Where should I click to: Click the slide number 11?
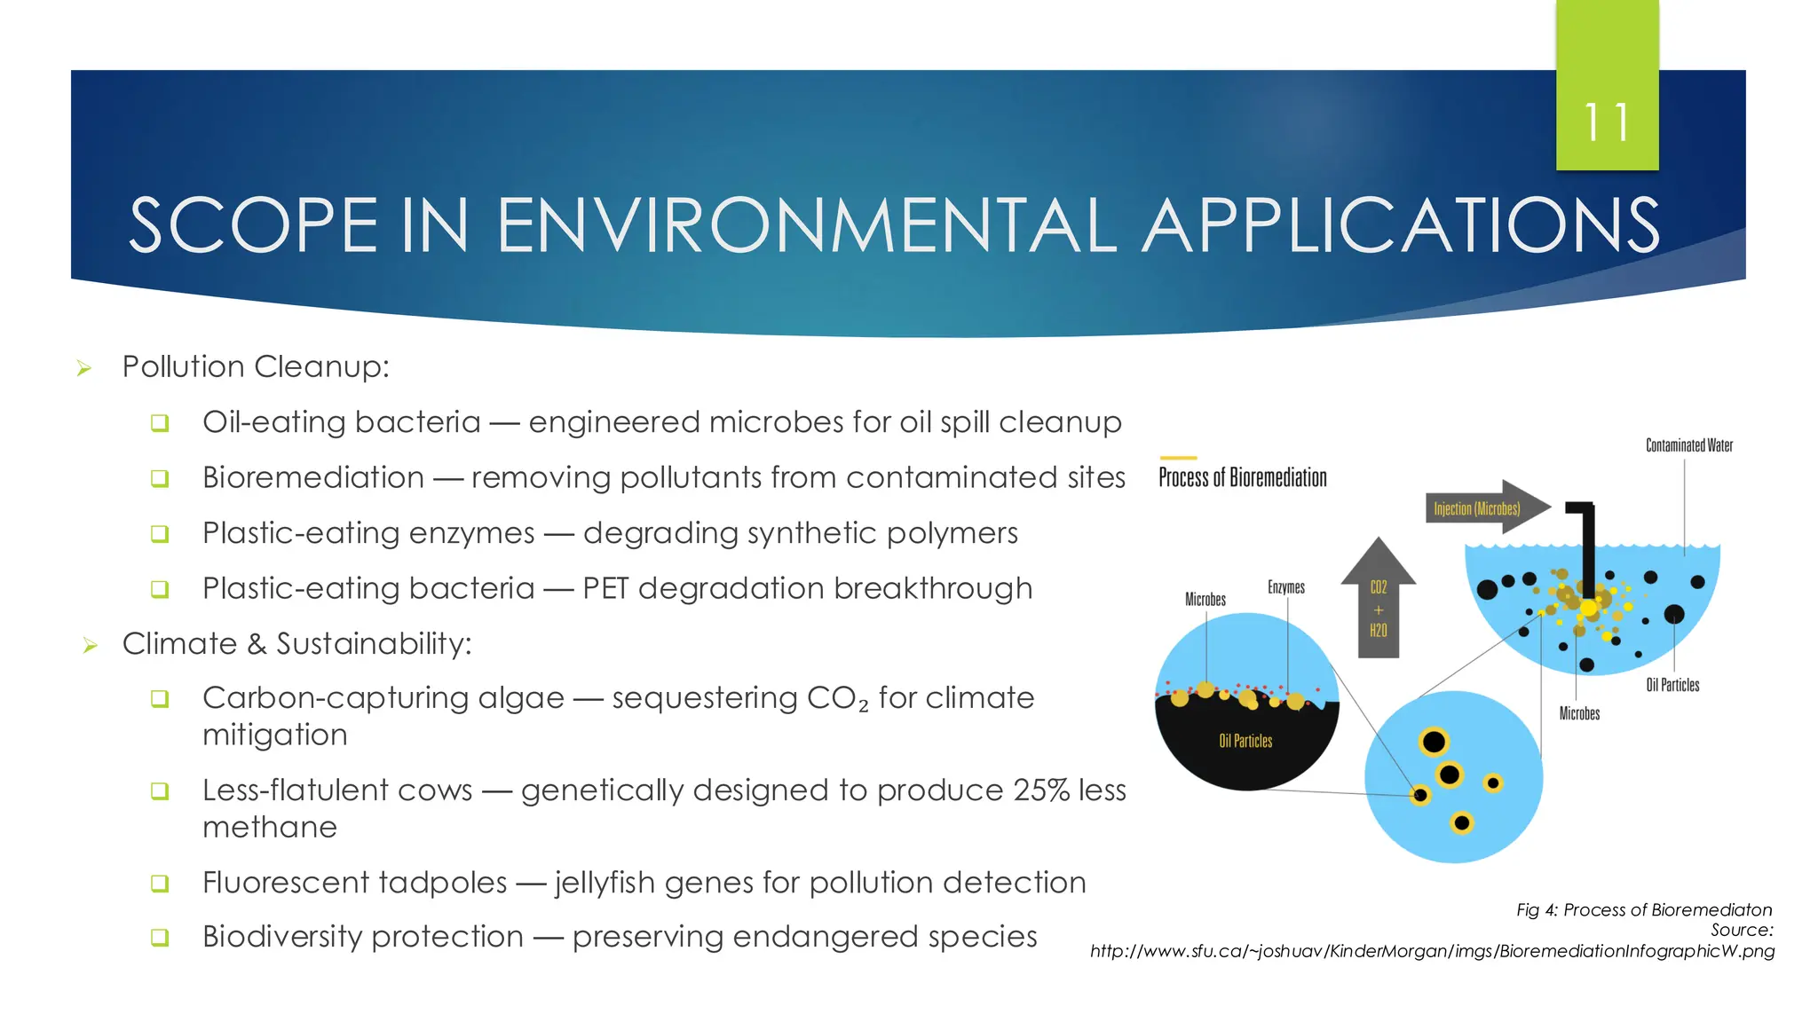[x=1607, y=122]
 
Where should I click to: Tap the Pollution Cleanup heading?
[x=256, y=366]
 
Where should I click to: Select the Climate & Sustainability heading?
[x=296, y=643]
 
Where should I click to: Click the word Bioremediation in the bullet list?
[x=312, y=477]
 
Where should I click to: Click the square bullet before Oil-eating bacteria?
[x=160, y=422]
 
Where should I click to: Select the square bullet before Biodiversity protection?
[x=160, y=937]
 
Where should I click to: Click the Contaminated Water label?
[x=1688, y=445]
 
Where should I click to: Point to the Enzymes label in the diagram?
[x=1285, y=587]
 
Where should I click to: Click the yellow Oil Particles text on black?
[x=1245, y=741]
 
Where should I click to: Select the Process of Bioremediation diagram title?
[x=1242, y=478]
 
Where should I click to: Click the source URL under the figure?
[x=1431, y=951]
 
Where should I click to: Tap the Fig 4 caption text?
[x=1643, y=909]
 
